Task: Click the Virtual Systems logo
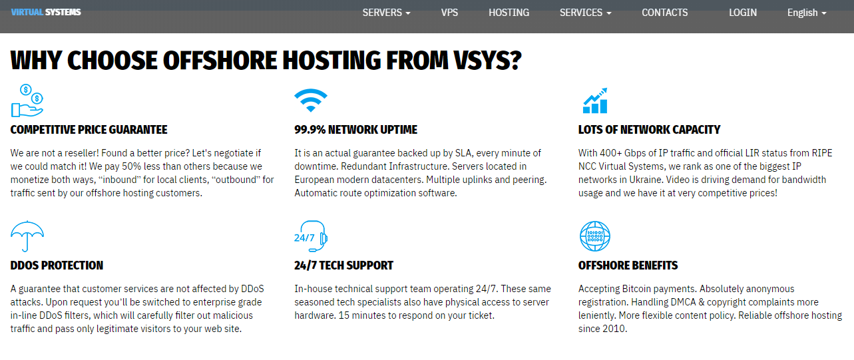click(46, 12)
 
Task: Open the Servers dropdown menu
click(386, 13)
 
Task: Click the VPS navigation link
click(449, 13)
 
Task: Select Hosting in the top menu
click(509, 13)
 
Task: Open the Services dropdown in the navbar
click(585, 13)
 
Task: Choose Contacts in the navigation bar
click(664, 13)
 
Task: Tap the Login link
click(743, 13)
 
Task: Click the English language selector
click(807, 13)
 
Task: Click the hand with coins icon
click(27, 100)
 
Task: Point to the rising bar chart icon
click(594, 100)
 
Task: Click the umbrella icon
click(27, 236)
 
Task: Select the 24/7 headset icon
click(311, 236)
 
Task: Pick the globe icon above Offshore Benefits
click(594, 236)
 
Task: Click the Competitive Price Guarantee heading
click(89, 130)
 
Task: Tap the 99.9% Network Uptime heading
click(356, 130)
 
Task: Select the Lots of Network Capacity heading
click(649, 130)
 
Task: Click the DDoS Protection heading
click(57, 266)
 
